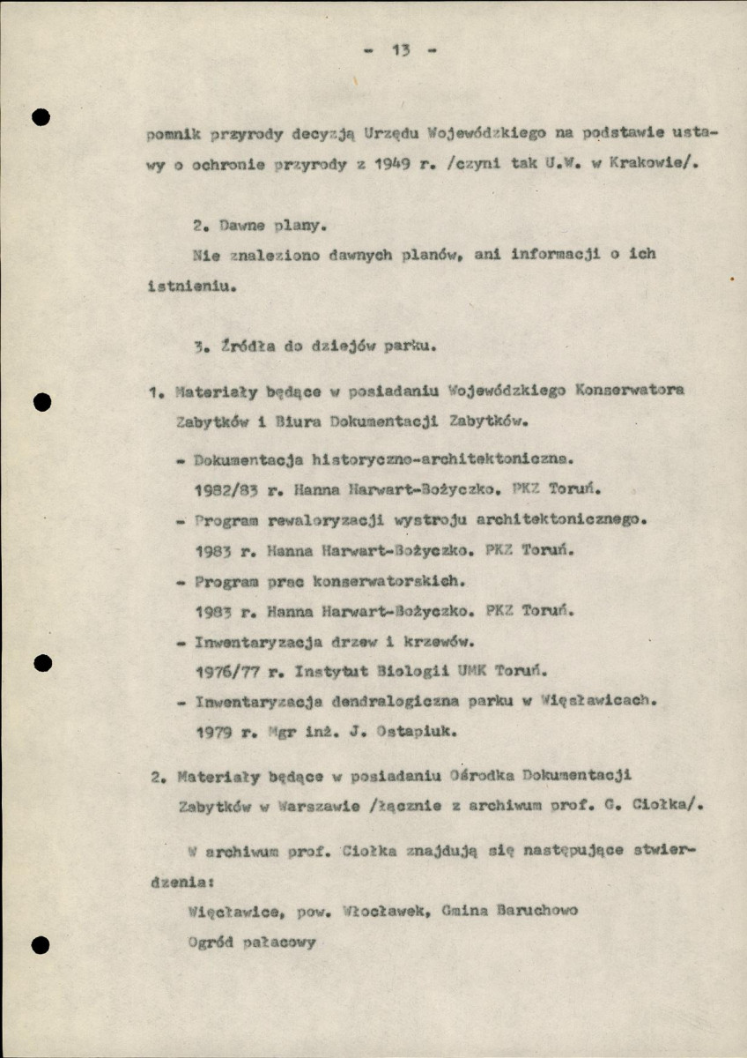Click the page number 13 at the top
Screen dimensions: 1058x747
pos(402,50)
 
